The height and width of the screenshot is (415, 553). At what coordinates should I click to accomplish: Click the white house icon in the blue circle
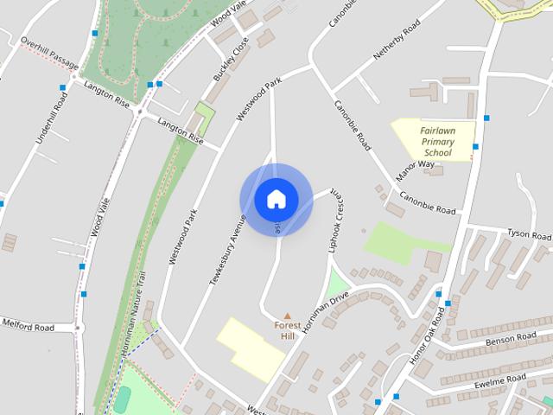(276, 199)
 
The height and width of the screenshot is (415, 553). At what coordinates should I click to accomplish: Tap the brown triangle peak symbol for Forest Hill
(288, 316)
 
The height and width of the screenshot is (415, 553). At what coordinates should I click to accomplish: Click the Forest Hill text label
(288, 330)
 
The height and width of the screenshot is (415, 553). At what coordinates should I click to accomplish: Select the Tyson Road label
(529, 235)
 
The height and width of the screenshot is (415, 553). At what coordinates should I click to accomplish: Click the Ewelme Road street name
(500, 380)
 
